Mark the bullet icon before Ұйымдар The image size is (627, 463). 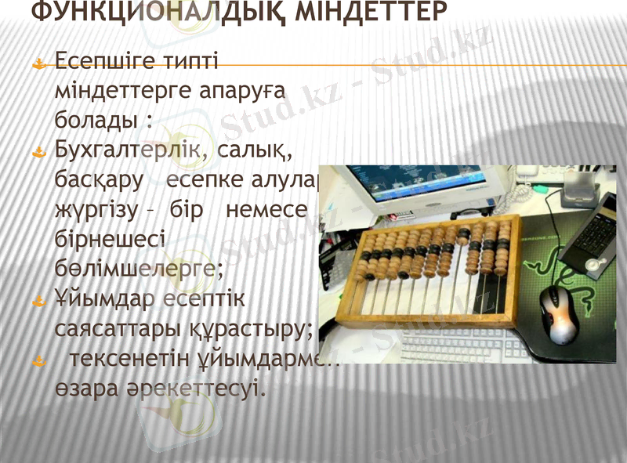click(x=38, y=300)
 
